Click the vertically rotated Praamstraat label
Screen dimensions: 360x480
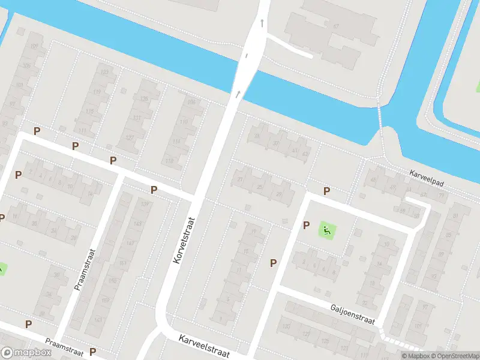85,269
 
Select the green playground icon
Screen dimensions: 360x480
326,229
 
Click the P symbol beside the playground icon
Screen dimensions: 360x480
306,226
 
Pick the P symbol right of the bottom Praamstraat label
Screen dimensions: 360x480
92,352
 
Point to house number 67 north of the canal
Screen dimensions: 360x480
336,26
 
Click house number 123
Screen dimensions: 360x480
104,73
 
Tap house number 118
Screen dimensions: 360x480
170,160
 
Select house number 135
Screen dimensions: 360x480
143,99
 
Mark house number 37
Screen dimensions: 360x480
276,143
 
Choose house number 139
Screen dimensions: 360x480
144,205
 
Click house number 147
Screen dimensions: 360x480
130,244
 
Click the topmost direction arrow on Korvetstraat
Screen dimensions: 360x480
262,24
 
